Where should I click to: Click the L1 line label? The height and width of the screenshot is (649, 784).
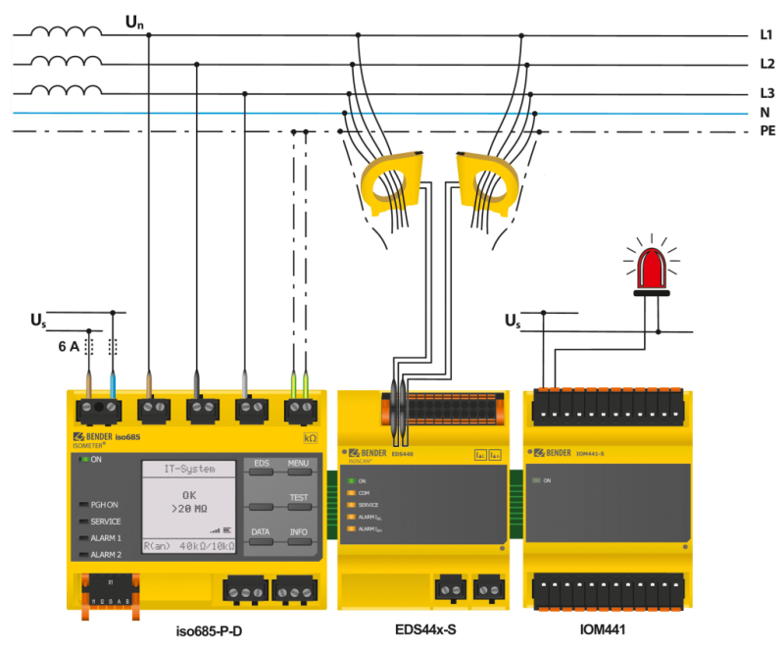click(766, 35)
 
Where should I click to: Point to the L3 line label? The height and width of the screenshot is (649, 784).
click(766, 93)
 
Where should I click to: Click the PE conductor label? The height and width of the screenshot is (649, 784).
click(766, 129)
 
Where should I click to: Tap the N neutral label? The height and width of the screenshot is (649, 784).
click(764, 112)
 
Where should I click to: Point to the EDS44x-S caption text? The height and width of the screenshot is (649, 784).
click(423, 630)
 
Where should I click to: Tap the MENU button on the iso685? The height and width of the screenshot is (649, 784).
click(298, 463)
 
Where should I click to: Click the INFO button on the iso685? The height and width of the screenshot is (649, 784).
click(298, 532)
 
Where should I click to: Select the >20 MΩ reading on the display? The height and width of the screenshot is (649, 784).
click(189, 509)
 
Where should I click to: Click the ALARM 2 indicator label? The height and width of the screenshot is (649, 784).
click(106, 555)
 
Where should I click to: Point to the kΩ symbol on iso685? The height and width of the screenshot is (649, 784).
click(311, 437)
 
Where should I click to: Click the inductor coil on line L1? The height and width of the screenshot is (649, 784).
click(65, 32)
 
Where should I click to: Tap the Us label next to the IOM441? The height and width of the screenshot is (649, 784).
click(513, 321)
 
